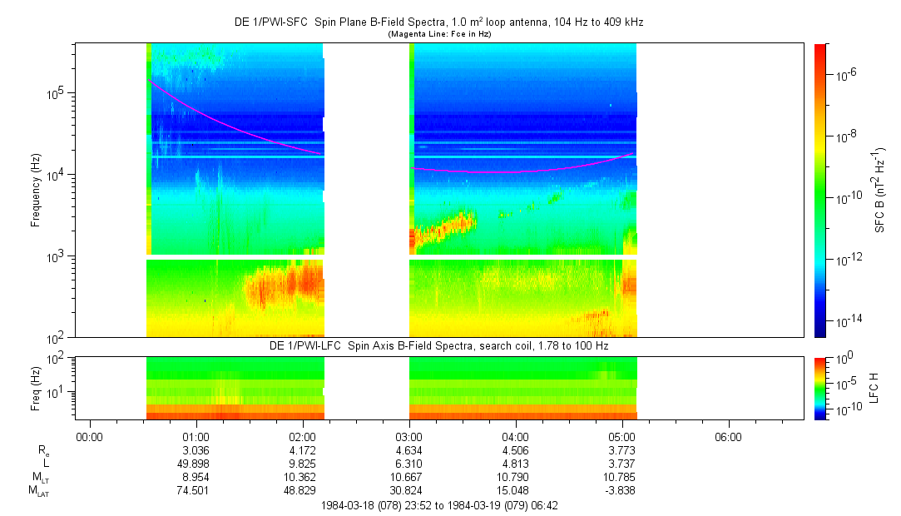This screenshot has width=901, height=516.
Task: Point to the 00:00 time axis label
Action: pos(89,436)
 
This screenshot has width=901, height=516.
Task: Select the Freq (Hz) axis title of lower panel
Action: pos(36,386)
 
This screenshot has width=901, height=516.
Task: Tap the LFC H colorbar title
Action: pos(874,386)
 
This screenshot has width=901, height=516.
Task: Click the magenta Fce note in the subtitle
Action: pos(439,34)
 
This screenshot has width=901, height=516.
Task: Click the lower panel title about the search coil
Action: pos(439,345)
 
